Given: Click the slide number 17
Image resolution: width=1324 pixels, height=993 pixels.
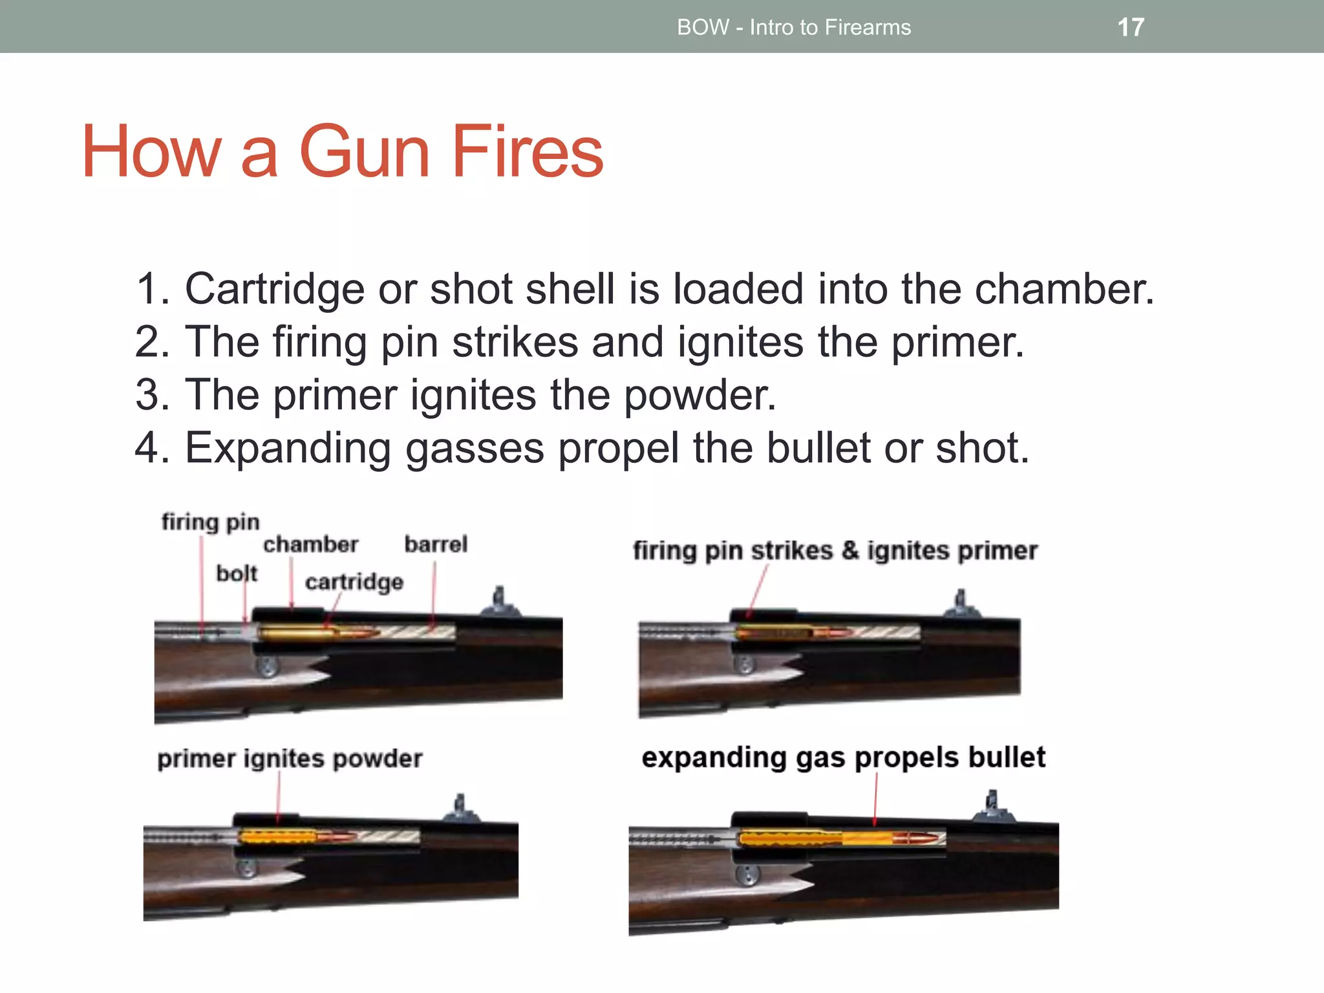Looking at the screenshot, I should (x=1131, y=27).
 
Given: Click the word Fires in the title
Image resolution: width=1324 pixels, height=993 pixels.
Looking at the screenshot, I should (x=527, y=152).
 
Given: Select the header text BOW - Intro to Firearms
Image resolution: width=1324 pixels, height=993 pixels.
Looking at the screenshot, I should (x=793, y=27).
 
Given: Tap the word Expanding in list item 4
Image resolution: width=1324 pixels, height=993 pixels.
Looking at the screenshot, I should (x=288, y=448).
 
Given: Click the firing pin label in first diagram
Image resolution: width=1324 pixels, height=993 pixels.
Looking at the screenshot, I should (x=210, y=521).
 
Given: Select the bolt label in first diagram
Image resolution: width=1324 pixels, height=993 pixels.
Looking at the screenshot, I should (x=236, y=573).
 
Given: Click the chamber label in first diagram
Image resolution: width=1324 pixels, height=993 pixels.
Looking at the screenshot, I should (x=310, y=544).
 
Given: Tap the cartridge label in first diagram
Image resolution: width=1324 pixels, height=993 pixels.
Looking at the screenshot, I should (x=354, y=582).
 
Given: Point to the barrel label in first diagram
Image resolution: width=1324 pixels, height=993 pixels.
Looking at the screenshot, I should (x=436, y=544).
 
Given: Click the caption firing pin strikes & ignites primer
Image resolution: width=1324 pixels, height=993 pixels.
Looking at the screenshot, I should (x=835, y=551).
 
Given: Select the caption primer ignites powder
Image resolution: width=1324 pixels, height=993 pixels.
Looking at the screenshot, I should (x=290, y=758).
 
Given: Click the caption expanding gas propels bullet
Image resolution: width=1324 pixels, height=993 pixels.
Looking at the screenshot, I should (x=843, y=757).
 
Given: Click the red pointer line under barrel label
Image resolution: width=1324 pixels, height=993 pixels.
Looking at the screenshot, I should (x=434, y=595).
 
